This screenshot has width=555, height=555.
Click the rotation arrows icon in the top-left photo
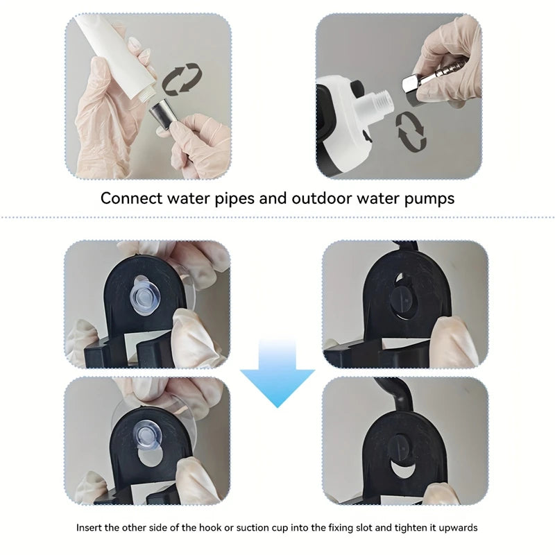point(182,78)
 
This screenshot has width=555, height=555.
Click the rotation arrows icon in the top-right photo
point(411,132)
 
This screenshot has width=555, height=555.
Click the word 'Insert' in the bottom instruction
point(88,528)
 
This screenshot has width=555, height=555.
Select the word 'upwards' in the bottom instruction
point(458,528)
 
